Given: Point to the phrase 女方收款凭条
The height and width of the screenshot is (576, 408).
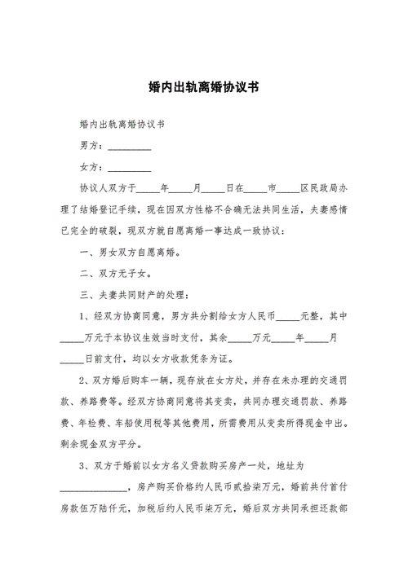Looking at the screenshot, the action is (x=205, y=358).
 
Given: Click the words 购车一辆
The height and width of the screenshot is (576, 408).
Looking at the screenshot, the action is (x=152, y=380).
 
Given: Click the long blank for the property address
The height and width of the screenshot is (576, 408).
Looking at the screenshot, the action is (x=94, y=486).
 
